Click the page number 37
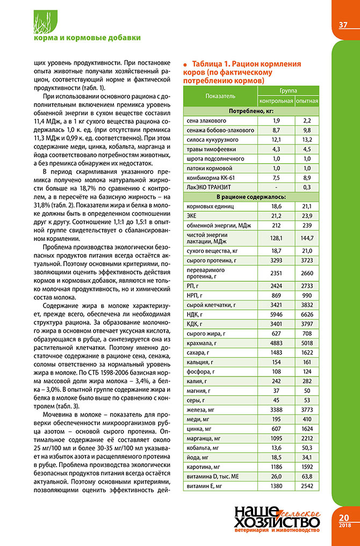(x=344, y=25)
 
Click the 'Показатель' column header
(x=220, y=96)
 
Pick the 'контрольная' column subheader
(x=276, y=100)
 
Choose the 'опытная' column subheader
(x=307, y=100)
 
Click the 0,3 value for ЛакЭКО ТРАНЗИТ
(x=307, y=187)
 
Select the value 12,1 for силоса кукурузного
(x=276, y=140)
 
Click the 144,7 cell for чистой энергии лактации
(x=307, y=237)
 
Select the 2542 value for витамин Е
(x=307, y=486)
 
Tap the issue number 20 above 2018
(x=344, y=518)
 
